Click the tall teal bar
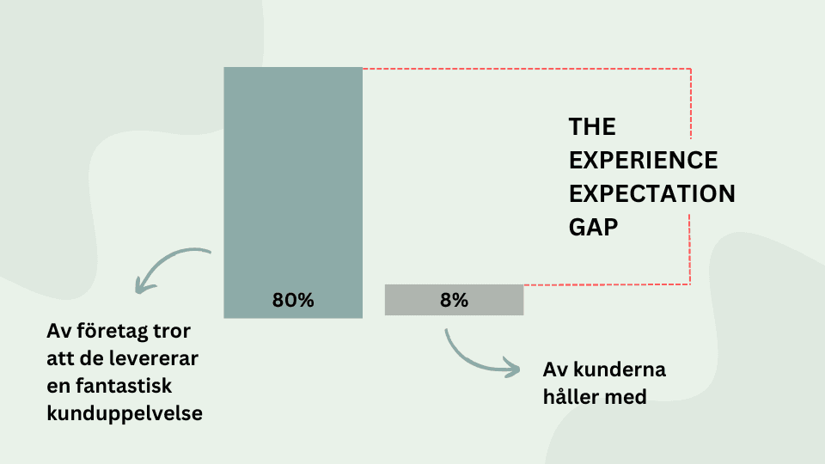[293, 192]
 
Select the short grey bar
[454, 300]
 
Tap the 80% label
[293, 301]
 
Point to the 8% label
[454, 301]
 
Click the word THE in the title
[592, 127]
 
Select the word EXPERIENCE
[643, 161]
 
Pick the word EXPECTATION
[652, 193]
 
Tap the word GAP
[593, 227]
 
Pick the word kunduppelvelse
[125, 413]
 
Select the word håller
[570, 397]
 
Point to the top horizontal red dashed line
[527, 69]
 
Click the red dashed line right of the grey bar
[607, 284]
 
